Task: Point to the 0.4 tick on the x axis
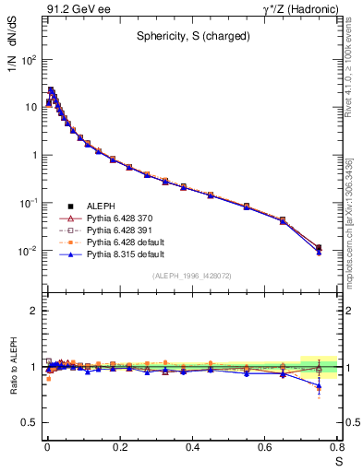[x=193, y=447]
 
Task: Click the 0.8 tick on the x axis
[x=338, y=447]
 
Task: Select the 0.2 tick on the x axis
[x=120, y=447]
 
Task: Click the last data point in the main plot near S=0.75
[x=319, y=248]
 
